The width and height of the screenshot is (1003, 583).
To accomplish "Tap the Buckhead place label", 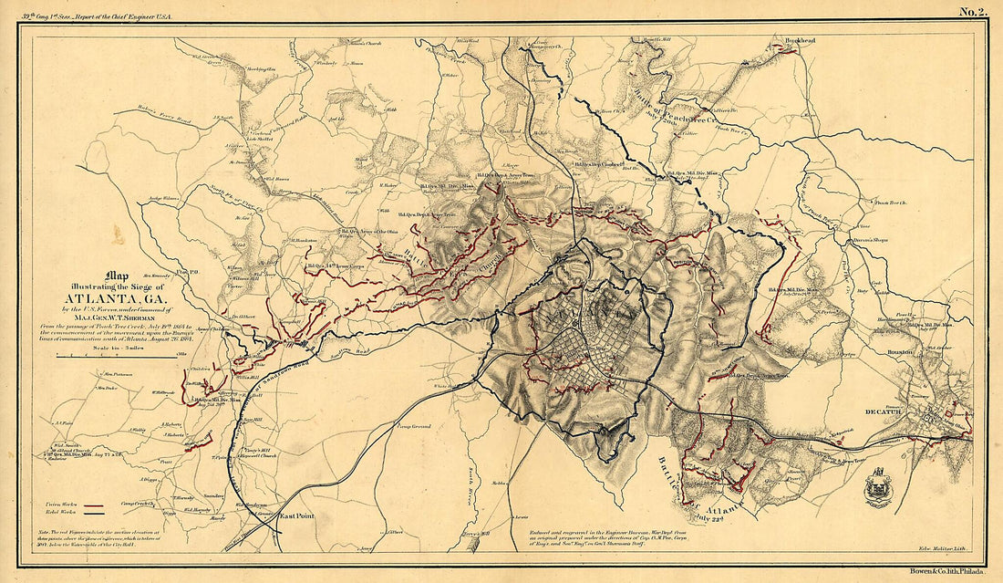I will [x=788, y=41].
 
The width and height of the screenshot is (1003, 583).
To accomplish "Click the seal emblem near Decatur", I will [x=879, y=486].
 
